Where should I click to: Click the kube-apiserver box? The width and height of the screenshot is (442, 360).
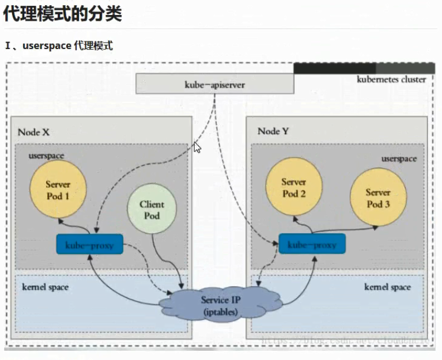pos(215,84)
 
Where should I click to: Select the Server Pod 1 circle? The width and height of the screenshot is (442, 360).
pos(58,190)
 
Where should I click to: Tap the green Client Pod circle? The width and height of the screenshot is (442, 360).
pos(152,210)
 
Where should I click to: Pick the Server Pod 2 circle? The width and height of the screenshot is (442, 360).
pos(294,188)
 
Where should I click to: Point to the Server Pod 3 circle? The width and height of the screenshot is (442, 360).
pos(378,198)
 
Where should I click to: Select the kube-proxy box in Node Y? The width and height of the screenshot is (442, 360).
pos(312,244)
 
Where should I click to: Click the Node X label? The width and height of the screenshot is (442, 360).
pos(33,132)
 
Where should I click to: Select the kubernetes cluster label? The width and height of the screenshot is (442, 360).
pos(391,79)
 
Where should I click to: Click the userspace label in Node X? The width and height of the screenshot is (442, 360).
pos(47,156)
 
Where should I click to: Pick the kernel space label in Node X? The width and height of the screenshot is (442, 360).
pos(46,286)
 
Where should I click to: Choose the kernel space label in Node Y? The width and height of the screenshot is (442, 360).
pos(387,287)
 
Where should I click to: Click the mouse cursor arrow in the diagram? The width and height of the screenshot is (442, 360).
pos(197,147)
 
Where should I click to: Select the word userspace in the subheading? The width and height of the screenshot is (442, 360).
pos(47,46)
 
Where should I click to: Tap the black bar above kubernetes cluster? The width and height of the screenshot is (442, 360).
pos(334,68)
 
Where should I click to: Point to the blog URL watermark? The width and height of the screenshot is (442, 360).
pos(346,340)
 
